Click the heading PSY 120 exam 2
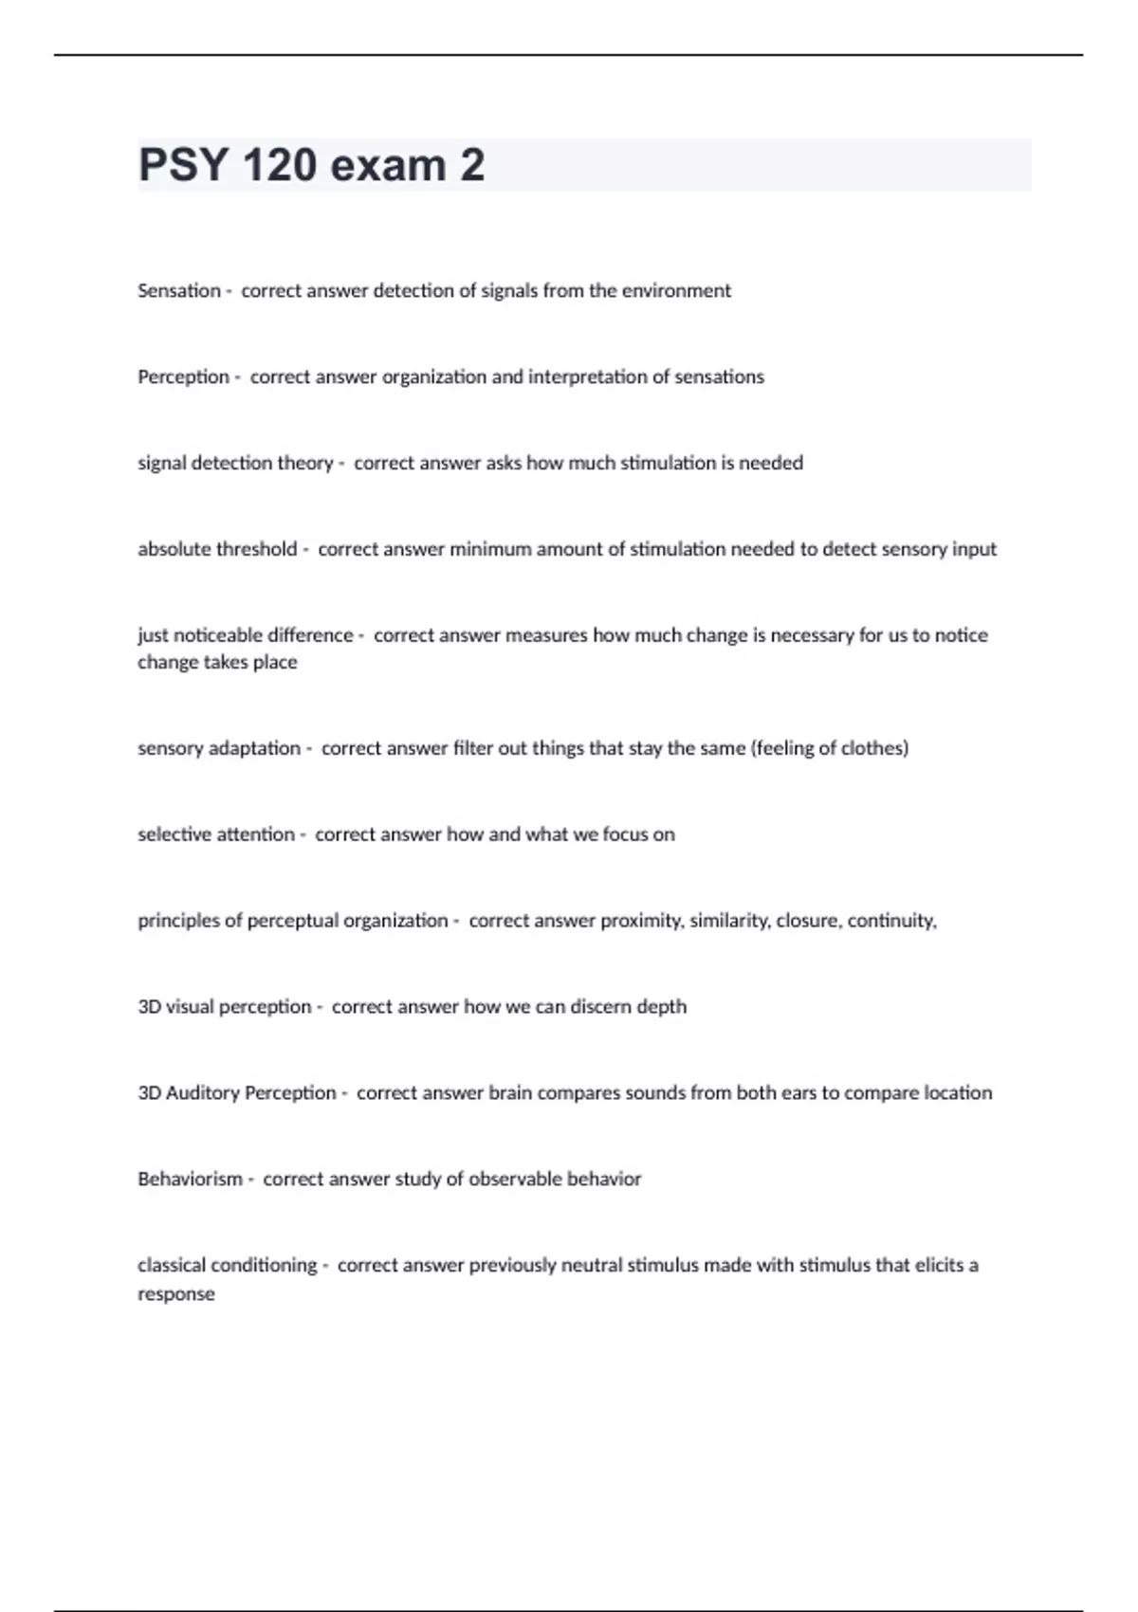(311, 165)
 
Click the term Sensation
(178, 291)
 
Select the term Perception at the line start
(183, 377)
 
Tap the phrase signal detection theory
(235, 464)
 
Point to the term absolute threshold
(217, 549)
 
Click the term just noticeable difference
(245, 635)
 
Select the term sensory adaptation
(219, 748)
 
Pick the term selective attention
(216, 834)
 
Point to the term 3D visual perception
(224, 1007)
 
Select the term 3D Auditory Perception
(236, 1093)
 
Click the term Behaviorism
(190, 1180)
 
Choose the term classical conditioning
(228, 1265)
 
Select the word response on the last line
(175, 1294)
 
